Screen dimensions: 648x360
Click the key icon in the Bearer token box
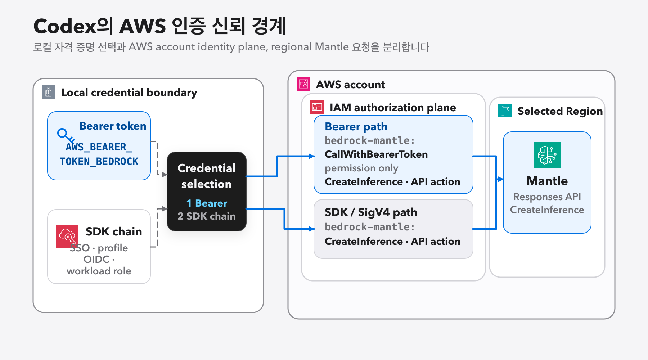tap(66, 136)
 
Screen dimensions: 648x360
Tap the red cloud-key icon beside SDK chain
tap(67, 237)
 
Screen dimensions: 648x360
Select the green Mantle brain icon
tap(547, 155)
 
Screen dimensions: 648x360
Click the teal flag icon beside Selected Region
tap(505, 111)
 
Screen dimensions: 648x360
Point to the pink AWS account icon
tap(303, 84)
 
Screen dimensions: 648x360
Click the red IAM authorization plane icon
tap(317, 107)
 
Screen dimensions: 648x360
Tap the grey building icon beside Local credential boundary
tap(49, 92)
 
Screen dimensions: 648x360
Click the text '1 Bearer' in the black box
tap(207, 203)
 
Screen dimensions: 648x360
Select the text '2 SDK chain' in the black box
tap(207, 216)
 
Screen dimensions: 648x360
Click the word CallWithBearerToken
tap(376, 154)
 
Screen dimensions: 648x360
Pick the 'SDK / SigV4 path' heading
tap(371, 212)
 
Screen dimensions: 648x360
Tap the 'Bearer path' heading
tap(356, 127)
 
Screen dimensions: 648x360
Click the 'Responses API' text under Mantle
tap(547, 197)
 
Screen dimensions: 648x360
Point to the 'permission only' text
tap(361, 168)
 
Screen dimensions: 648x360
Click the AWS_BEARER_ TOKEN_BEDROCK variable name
tap(99, 154)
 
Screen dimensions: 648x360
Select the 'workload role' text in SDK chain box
tap(99, 271)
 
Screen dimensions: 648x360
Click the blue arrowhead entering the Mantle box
tap(500, 179)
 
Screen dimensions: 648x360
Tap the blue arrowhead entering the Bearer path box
tap(311, 156)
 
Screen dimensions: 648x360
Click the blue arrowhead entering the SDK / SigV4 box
tap(311, 229)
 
